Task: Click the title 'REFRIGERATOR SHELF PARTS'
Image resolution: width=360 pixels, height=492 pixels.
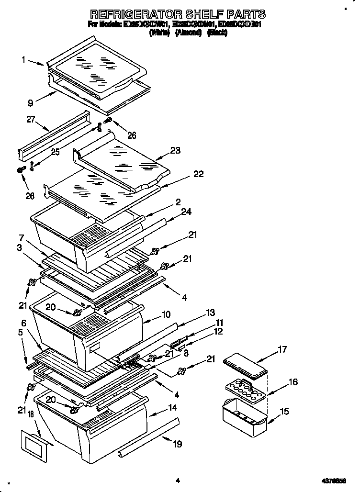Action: pos(178,14)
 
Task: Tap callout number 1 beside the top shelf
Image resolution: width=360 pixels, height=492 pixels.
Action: pos(23,60)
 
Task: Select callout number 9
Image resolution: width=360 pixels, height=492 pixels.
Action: pos(30,101)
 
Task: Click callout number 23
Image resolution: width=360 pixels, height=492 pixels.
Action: pos(175,150)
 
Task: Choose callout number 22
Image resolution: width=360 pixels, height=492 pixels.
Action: pos(199,174)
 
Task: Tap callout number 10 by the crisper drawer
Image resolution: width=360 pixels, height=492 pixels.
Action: pos(166,314)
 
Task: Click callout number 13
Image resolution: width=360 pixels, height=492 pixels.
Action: pos(210,313)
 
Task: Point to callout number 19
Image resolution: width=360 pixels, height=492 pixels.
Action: pos(177,444)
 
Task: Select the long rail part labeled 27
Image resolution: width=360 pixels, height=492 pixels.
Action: pos(54,135)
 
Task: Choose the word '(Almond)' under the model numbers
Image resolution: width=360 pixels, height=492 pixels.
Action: pos(188,33)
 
